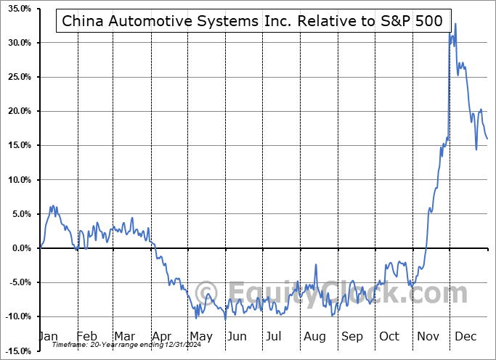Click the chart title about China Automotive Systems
point(251,21)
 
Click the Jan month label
point(49,336)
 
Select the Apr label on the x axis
point(163,336)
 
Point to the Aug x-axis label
point(315,336)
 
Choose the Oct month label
point(390,336)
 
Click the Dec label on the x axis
point(465,336)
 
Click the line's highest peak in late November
point(455,24)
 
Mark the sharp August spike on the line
point(316,265)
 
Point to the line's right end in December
point(487,138)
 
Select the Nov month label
point(428,336)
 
